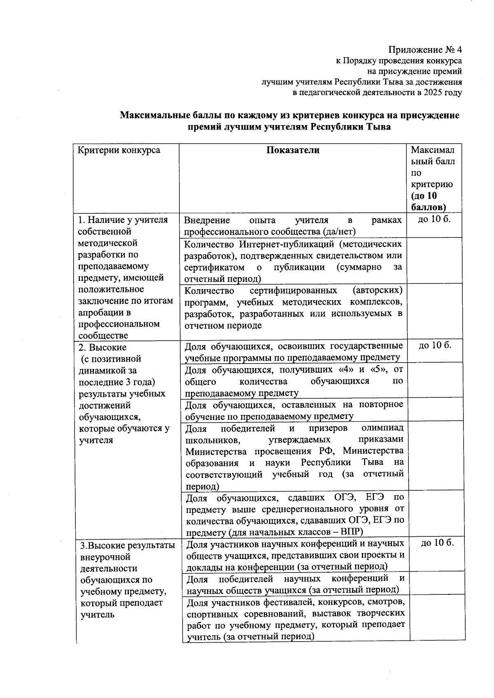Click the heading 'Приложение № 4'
[x=425, y=50]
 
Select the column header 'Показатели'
[x=293, y=150]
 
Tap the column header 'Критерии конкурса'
[x=119, y=150]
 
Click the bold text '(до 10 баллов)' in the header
[x=429, y=201]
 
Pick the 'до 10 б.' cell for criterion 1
[x=434, y=220]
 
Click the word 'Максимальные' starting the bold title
[x=151, y=116]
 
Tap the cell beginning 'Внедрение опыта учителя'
[x=293, y=226]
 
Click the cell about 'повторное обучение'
[x=294, y=410]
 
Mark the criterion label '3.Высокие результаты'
[x=127, y=546]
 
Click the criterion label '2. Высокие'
[x=103, y=347]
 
